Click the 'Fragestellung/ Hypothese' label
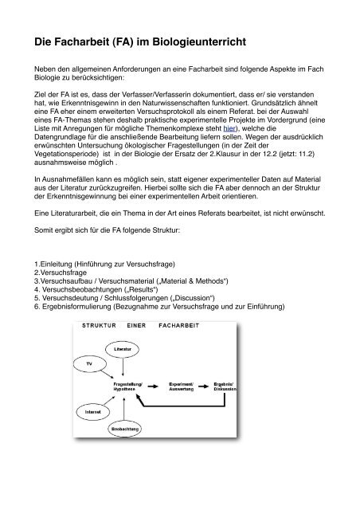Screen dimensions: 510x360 [130, 386]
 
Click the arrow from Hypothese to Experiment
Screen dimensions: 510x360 [156, 386]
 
